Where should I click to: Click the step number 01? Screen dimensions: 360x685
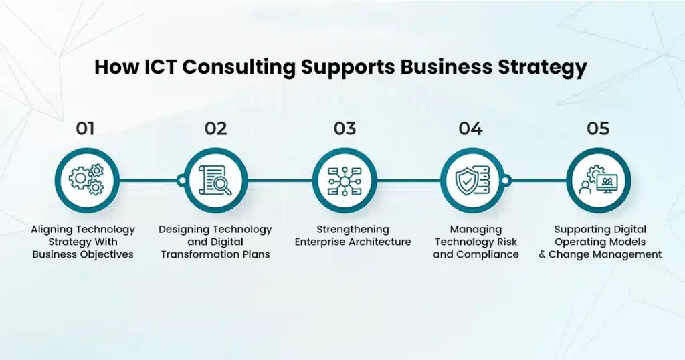(x=85, y=128)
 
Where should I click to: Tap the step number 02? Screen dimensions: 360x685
(x=215, y=128)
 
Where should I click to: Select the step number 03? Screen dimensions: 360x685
(x=345, y=128)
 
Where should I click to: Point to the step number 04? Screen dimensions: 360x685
(x=470, y=128)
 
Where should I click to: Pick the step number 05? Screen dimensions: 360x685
(x=598, y=128)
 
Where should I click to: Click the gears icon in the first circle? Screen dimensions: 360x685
(x=87, y=179)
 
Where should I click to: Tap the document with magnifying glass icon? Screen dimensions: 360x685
(x=215, y=180)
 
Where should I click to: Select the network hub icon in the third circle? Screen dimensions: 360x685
(x=345, y=180)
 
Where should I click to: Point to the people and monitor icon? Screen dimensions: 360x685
(x=598, y=180)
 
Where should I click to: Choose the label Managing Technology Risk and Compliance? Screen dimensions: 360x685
(x=476, y=242)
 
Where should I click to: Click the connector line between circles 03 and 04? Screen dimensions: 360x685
(x=408, y=180)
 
